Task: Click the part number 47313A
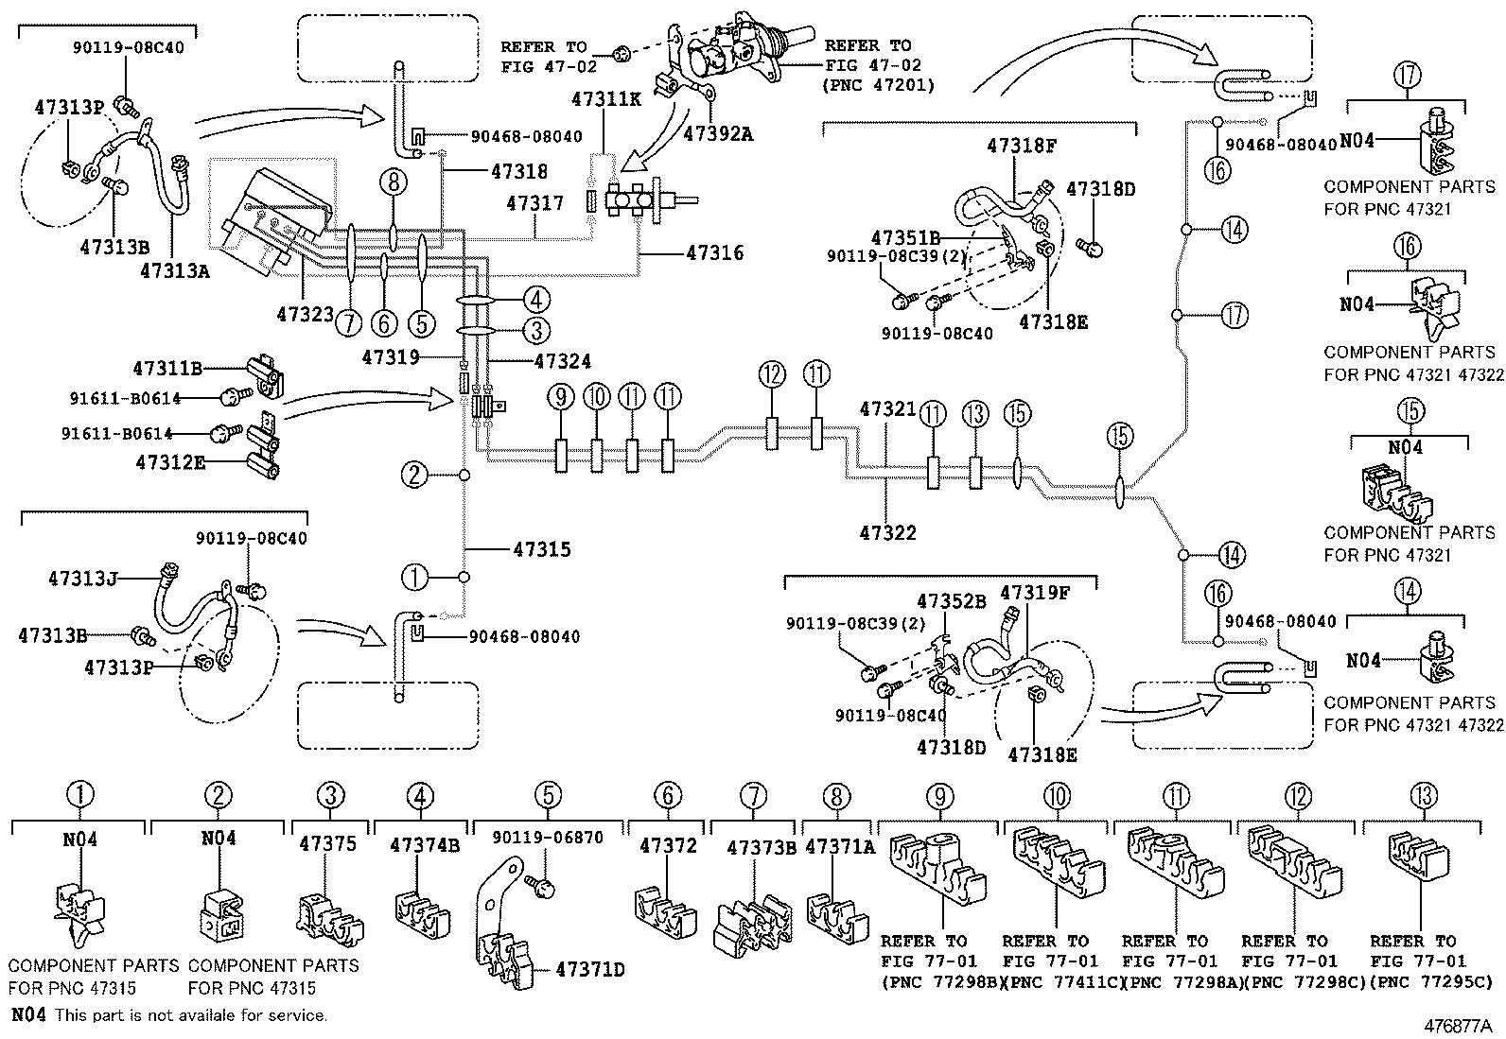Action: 174,271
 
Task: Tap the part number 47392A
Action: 718,133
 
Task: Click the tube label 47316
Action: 714,253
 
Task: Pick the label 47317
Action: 534,203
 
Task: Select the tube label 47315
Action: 542,549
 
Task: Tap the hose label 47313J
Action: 83,578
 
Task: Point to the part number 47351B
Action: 905,238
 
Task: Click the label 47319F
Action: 1035,594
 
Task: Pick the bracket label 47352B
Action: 951,601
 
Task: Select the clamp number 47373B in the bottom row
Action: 762,848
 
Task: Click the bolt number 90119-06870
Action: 547,838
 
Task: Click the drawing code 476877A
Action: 1459,1026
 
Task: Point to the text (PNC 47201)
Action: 880,86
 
